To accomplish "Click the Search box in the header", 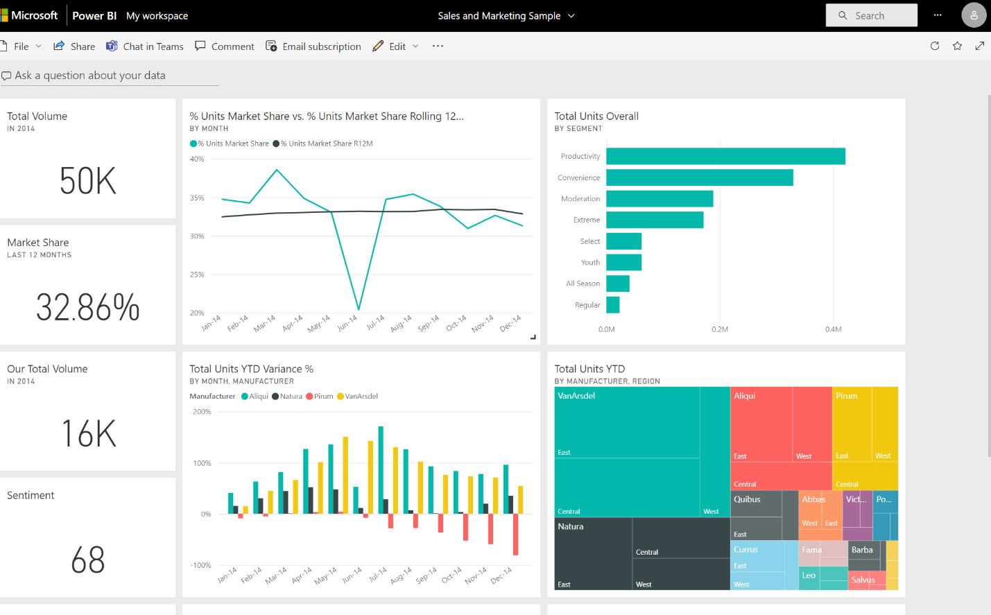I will pos(871,15).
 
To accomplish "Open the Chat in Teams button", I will pos(145,46).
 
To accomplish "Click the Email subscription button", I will pos(313,46).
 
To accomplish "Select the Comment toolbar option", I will pos(225,46).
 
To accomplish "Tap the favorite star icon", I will pos(957,46).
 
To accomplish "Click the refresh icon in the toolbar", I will pos(935,46).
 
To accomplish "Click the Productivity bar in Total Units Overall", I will pos(725,156).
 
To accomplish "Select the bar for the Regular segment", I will pos(612,305).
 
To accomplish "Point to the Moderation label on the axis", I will pos(580,199).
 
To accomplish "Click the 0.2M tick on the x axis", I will pos(720,329).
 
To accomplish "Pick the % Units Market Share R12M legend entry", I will pos(323,144).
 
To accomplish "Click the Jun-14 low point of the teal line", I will pos(359,309).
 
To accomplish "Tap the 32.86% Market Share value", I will pos(87,307).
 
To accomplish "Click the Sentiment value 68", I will pos(87,560).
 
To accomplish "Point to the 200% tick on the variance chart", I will pos(202,412).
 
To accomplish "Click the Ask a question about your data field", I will pos(90,76).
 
